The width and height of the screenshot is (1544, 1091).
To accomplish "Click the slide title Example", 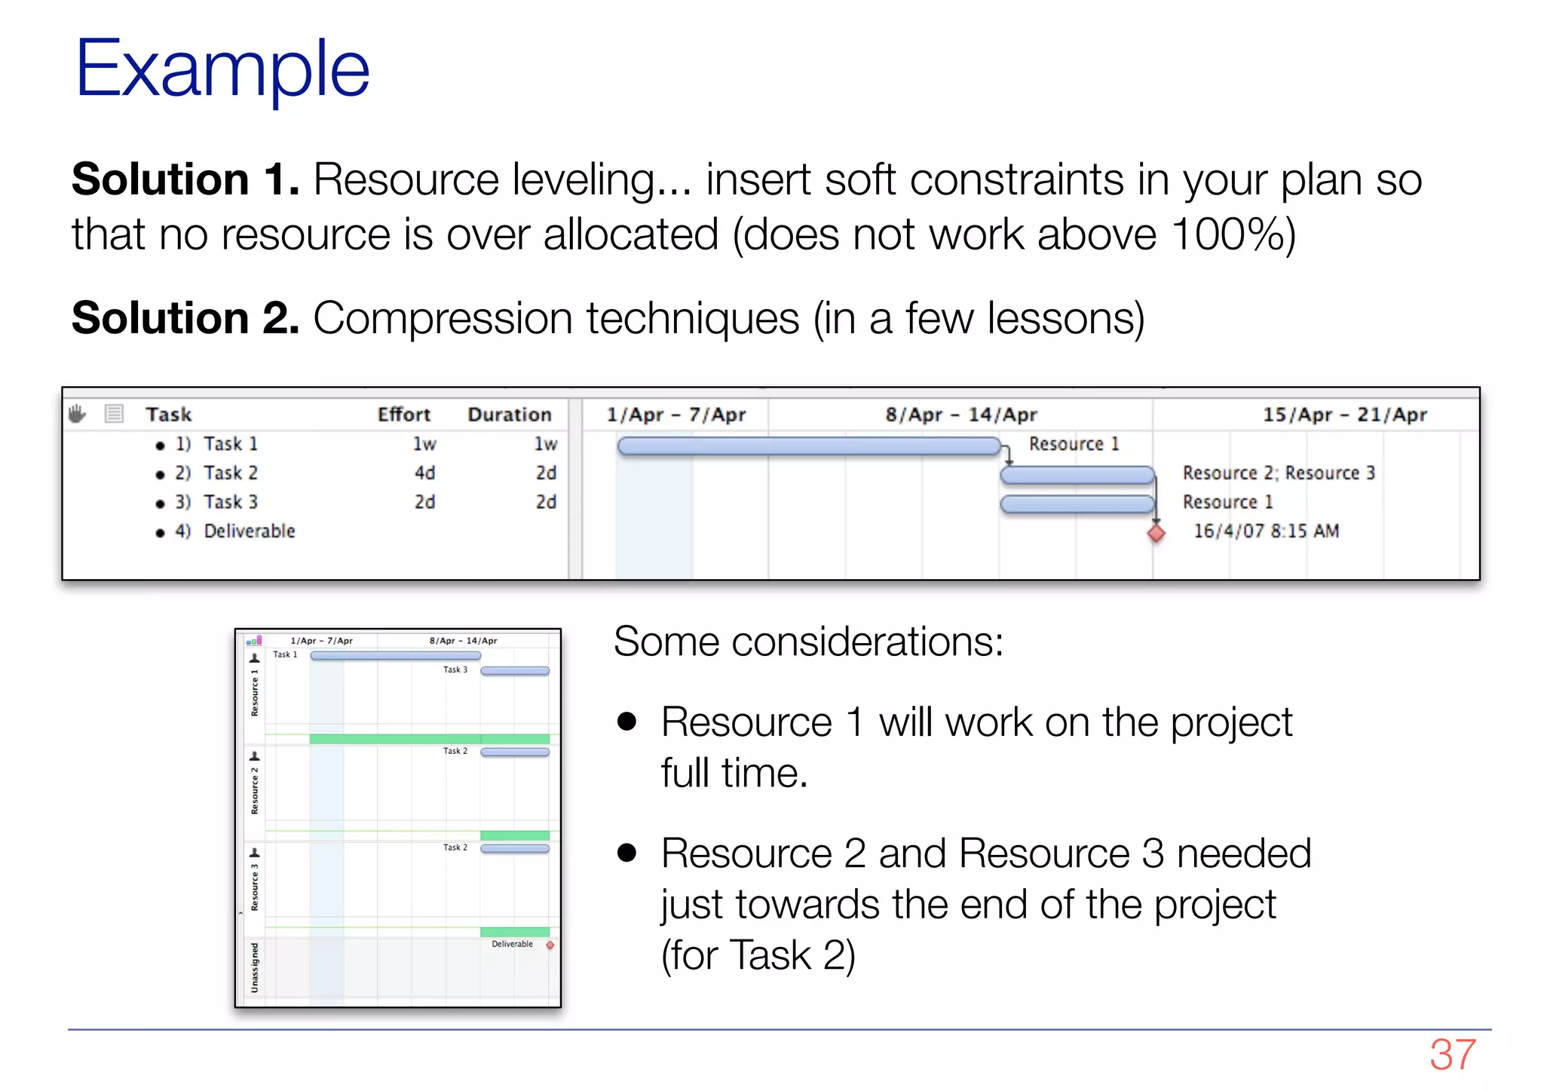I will tap(222, 69).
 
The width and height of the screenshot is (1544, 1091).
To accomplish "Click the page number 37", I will tap(1452, 1054).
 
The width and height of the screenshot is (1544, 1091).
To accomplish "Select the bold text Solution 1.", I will tap(185, 180).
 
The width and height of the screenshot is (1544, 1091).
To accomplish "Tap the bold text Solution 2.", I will tap(185, 318).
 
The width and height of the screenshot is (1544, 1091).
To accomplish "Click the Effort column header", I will tap(403, 415).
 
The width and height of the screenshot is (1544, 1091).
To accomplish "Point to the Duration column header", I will tap(509, 415).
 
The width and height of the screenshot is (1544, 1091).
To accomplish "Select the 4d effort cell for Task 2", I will tap(424, 473).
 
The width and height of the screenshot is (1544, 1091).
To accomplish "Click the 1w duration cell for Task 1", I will tap(545, 444).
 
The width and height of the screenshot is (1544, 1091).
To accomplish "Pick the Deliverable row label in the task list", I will tap(250, 532).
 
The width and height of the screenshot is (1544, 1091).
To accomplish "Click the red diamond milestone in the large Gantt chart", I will tap(1156, 534).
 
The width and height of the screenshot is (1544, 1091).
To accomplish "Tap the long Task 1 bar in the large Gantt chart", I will tap(808, 446).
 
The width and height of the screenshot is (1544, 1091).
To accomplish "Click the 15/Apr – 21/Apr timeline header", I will tap(1344, 415).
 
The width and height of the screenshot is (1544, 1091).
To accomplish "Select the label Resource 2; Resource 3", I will tap(1279, 473).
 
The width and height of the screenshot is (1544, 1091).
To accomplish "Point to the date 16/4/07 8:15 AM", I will tap(1266, 532).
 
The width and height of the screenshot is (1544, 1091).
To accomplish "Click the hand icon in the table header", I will tap(78, 414).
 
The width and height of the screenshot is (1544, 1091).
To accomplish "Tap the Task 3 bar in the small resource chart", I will tap(515, 670).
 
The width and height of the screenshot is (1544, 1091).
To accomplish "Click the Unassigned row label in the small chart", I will tap(255, 967).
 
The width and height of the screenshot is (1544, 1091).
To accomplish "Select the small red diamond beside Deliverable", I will tap(550, 945).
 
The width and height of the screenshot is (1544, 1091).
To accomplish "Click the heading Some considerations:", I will tap(808, 642).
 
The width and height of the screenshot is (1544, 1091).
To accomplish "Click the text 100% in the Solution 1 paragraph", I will tap(1221, 234).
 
